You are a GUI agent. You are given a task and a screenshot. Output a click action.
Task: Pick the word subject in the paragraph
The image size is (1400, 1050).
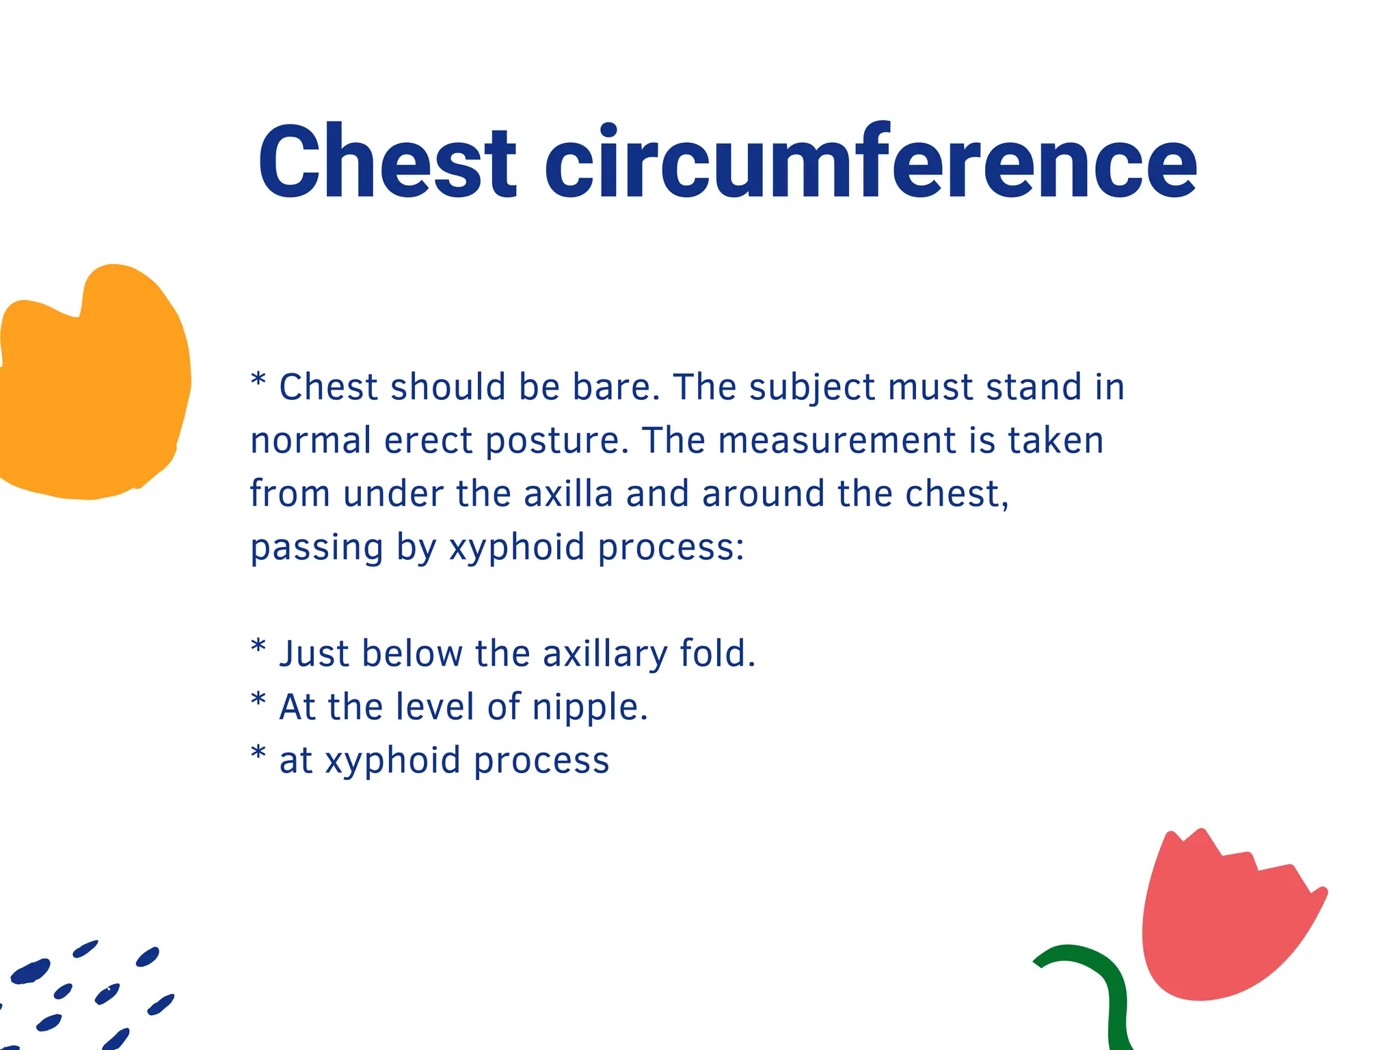812,388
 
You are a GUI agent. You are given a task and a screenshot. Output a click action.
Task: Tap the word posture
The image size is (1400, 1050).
556,442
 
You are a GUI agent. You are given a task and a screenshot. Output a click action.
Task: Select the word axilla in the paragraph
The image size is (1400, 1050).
568,494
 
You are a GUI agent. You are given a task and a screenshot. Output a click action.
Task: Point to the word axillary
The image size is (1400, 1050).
604,655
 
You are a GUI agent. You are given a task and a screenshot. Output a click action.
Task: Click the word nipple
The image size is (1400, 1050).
589,708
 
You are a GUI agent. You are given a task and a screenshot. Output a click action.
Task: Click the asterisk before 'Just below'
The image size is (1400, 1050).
258,647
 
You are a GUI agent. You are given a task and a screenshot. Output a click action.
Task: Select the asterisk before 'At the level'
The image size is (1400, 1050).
258,700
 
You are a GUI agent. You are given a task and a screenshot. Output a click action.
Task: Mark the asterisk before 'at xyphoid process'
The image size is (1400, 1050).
258,753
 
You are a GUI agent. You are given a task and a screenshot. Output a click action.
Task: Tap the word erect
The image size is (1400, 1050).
429,442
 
